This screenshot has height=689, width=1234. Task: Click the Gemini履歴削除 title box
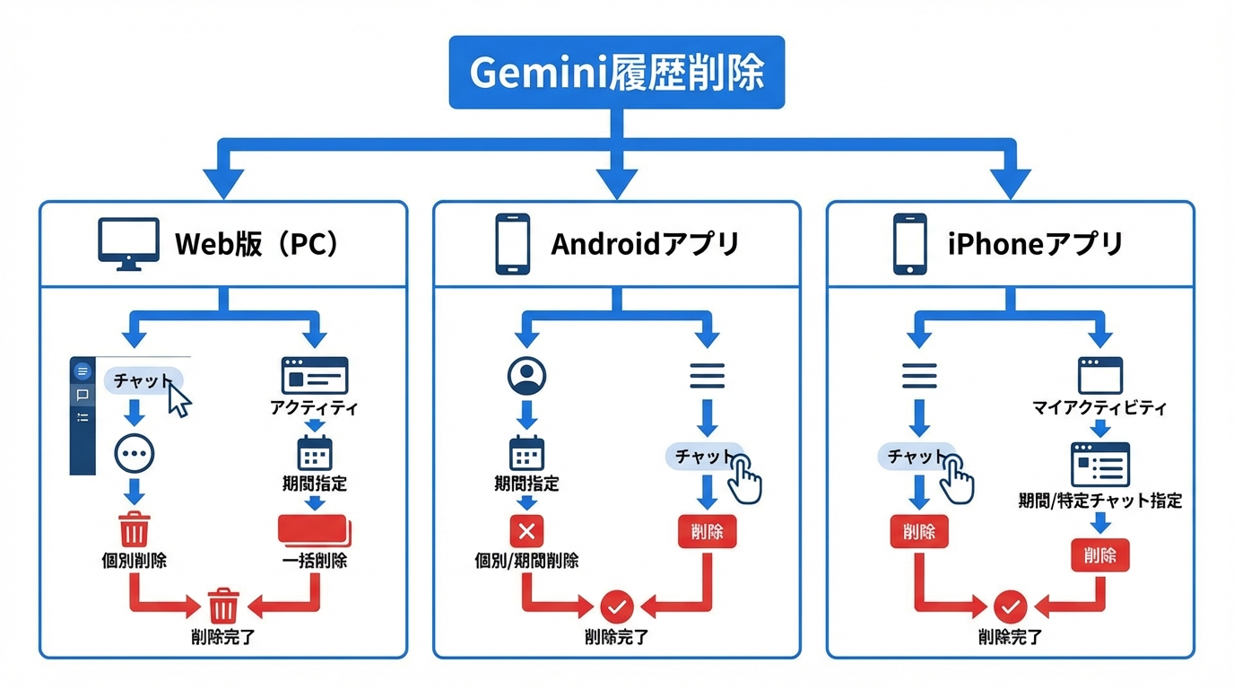click(616, 73)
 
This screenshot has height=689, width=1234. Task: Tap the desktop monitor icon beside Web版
click(128, 243)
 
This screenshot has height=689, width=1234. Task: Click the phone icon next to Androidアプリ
click(512, 243)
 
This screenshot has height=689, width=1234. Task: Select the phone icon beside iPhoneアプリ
click(908, 243)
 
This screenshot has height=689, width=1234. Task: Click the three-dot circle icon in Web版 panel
click(135, 454)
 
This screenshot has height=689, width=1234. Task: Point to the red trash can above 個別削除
click(135, 528)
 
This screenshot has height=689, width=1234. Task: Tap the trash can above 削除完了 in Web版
click(223, 606)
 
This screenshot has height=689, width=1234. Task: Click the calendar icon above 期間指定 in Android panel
click(526, 453)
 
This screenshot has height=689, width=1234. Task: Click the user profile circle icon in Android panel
click(526, 376)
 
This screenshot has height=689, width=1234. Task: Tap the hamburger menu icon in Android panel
click(707, 375)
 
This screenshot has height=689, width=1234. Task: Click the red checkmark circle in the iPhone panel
click(1011, 607)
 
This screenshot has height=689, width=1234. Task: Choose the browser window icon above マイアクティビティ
click(1099, 375)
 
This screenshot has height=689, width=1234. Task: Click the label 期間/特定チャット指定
click(1099, 501)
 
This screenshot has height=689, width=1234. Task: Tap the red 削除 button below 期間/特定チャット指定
click(1099, 555)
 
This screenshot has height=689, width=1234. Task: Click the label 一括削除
click(314, 561)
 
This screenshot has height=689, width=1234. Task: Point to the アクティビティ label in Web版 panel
click(314, 408)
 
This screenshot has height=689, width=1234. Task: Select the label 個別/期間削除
click(526, 561)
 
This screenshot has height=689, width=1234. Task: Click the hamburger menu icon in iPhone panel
click(918, 375)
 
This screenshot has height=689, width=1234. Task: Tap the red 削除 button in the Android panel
click(707, 532)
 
